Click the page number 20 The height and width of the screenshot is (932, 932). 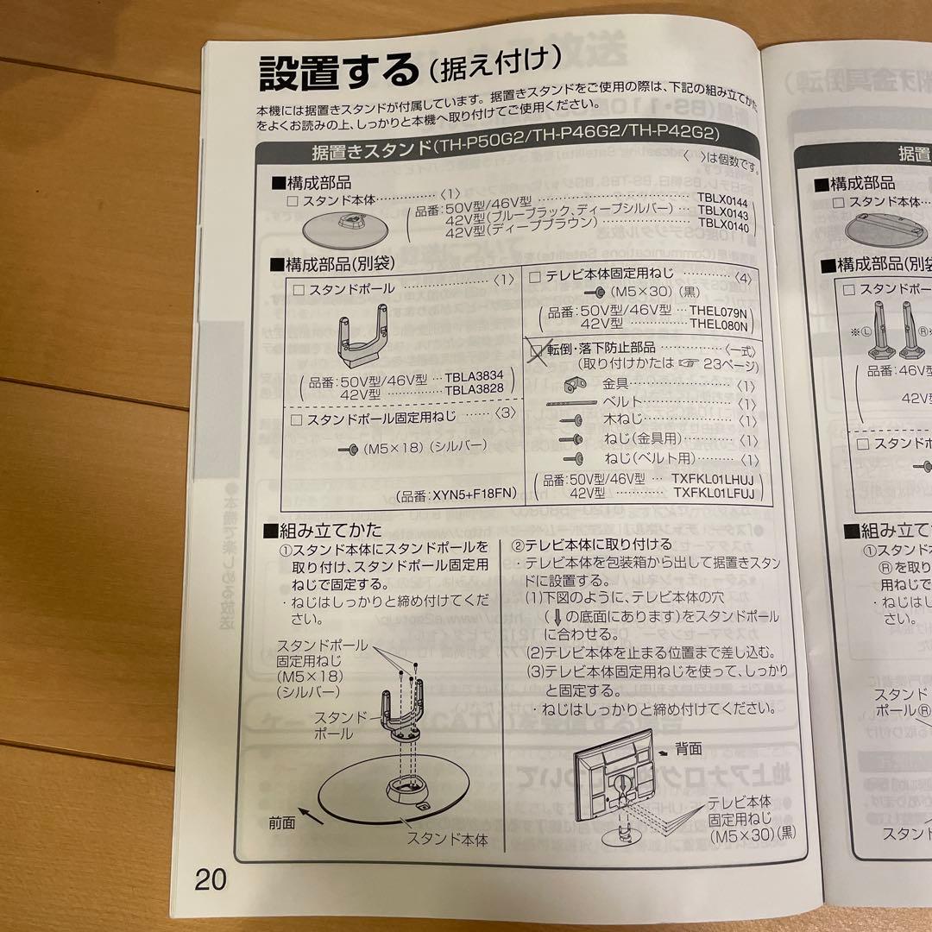[210, 880]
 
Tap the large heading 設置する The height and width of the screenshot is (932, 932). [337, 72]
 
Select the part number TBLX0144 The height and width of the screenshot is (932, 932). [722, 198]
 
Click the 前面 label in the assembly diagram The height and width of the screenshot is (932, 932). [281, 822]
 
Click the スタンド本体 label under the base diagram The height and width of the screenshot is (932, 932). [446, 838]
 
